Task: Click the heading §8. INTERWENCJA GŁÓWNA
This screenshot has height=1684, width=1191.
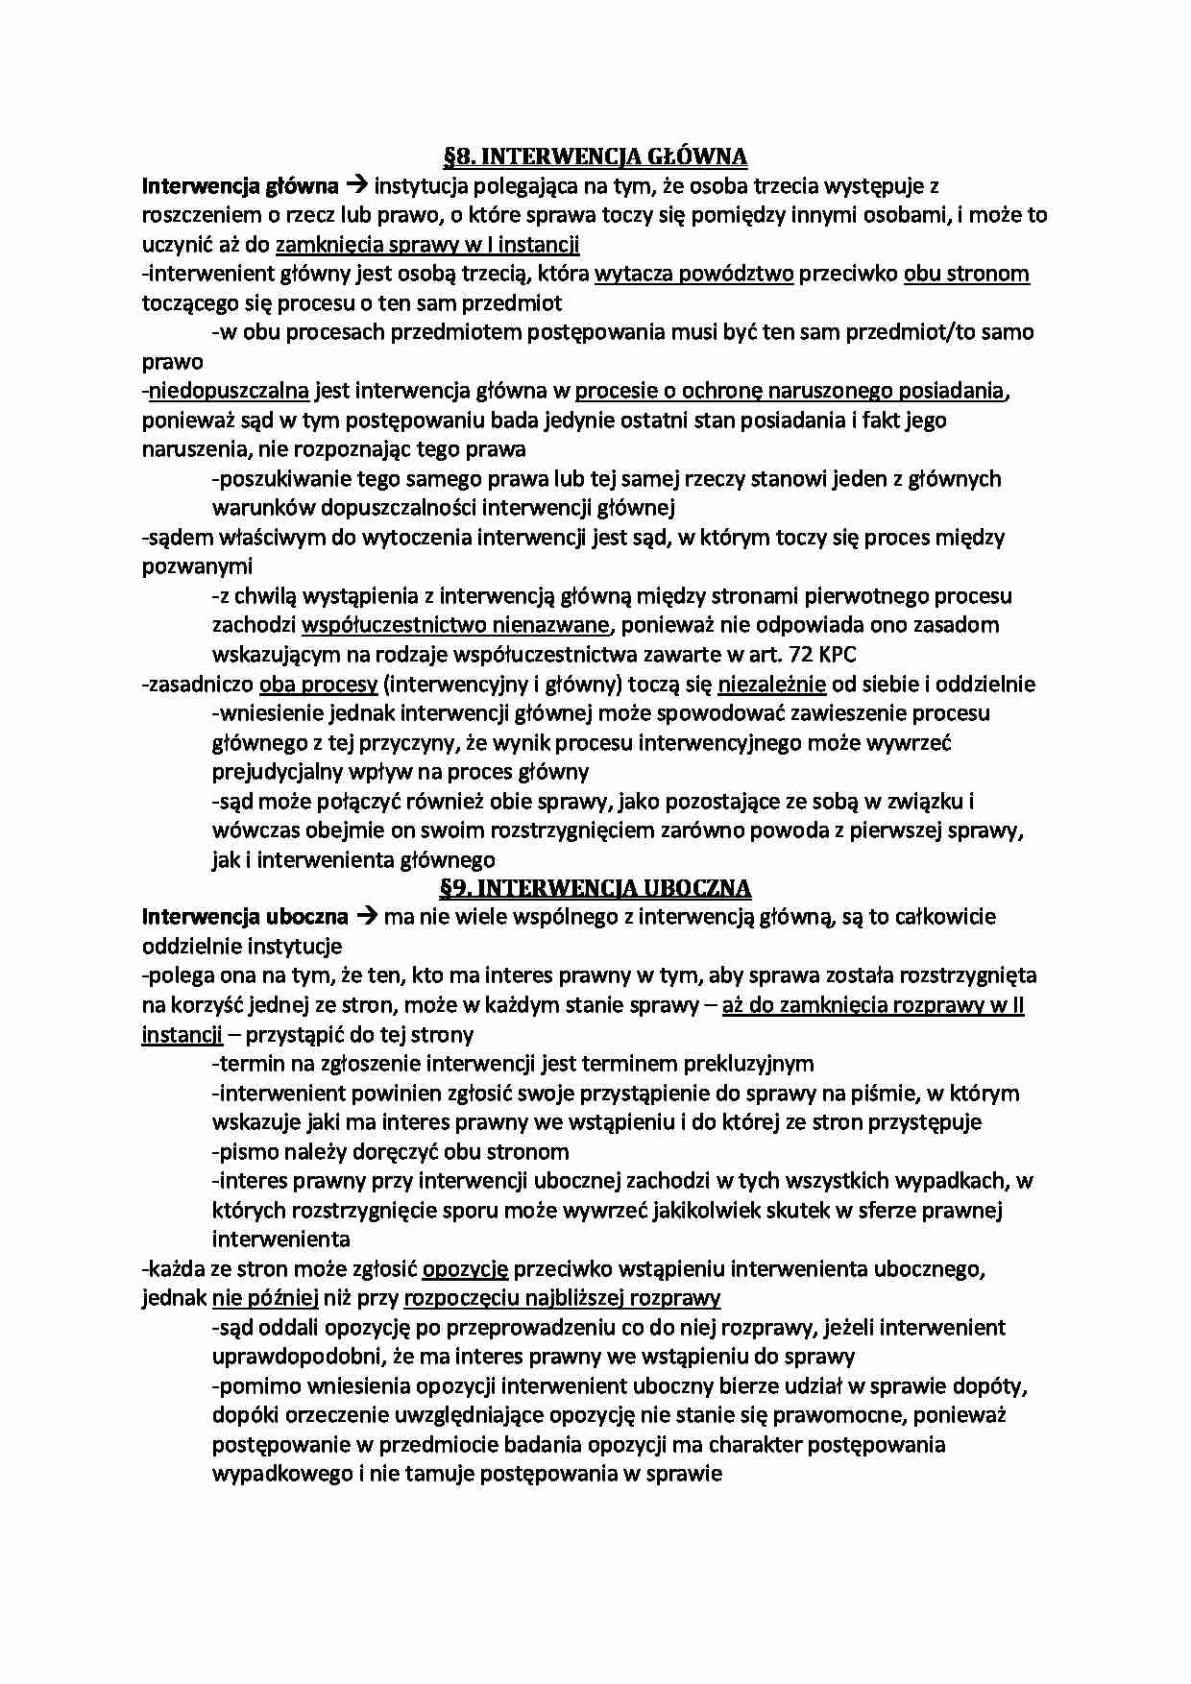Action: (x=595, y=156)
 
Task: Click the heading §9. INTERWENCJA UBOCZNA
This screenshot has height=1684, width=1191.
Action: (x=595, y=887)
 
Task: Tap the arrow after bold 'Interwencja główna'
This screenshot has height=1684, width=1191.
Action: (x=357, y=185)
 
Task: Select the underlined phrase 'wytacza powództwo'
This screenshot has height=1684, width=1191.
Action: (x=693, y=274)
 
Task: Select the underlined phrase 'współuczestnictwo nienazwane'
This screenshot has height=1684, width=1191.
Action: (x=455, y=625)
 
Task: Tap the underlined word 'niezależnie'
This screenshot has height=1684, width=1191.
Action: (x=771, y=685)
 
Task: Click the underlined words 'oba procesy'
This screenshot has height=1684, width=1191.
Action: (x=318, y=685)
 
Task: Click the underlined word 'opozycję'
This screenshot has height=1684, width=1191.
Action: (x=465, y=1269)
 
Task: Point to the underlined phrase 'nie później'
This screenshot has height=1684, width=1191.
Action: (x=265, y=1298)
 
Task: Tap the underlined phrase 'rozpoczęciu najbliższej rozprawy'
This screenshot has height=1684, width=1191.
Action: (x=562, y=1298)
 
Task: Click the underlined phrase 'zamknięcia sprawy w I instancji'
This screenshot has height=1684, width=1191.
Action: (x=427, y=244)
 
